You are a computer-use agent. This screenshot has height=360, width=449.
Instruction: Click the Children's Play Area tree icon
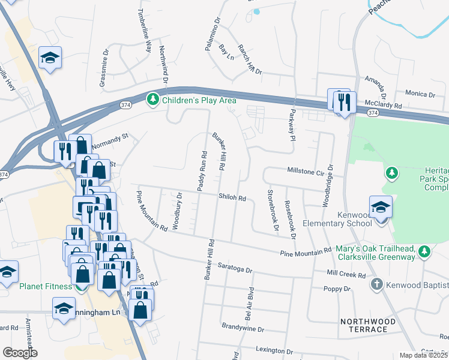click(x=154, y=100)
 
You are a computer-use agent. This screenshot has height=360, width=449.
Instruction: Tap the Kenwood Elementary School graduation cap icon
click(x=381, y=208)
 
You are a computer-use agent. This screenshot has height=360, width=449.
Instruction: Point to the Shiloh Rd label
click(x=233, y=197)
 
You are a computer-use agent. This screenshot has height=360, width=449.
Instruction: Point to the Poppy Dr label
click(x=337, y=289)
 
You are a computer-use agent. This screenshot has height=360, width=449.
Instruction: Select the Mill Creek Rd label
click(x=346, y=272)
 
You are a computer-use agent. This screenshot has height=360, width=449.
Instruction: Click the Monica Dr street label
click(x=420, y=94)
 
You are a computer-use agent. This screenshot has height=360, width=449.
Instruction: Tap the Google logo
click(x=20, y=352)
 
